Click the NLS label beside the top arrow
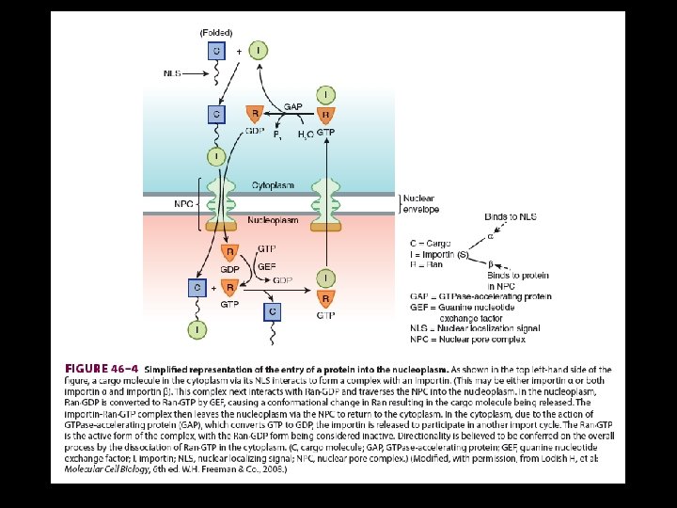pyautogui.click(x=173, y=72)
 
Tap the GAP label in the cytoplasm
pyautogui.click(x=292, y=107)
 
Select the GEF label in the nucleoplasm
pyautogui.click(x=267, y=266)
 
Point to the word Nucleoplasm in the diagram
pyautogui.click(x=274, y=220)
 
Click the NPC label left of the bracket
pyautogui.click(x=182, y=202)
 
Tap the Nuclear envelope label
pyautogui.click(x=420, y=203)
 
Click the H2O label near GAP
pyautogui.click(x=306, y=135)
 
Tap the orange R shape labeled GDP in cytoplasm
pyautogui.click(x=254, y=114)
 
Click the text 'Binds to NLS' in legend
pyautogui.click(x=510, y=216)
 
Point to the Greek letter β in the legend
pyautogui.click(x=490, y=263)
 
